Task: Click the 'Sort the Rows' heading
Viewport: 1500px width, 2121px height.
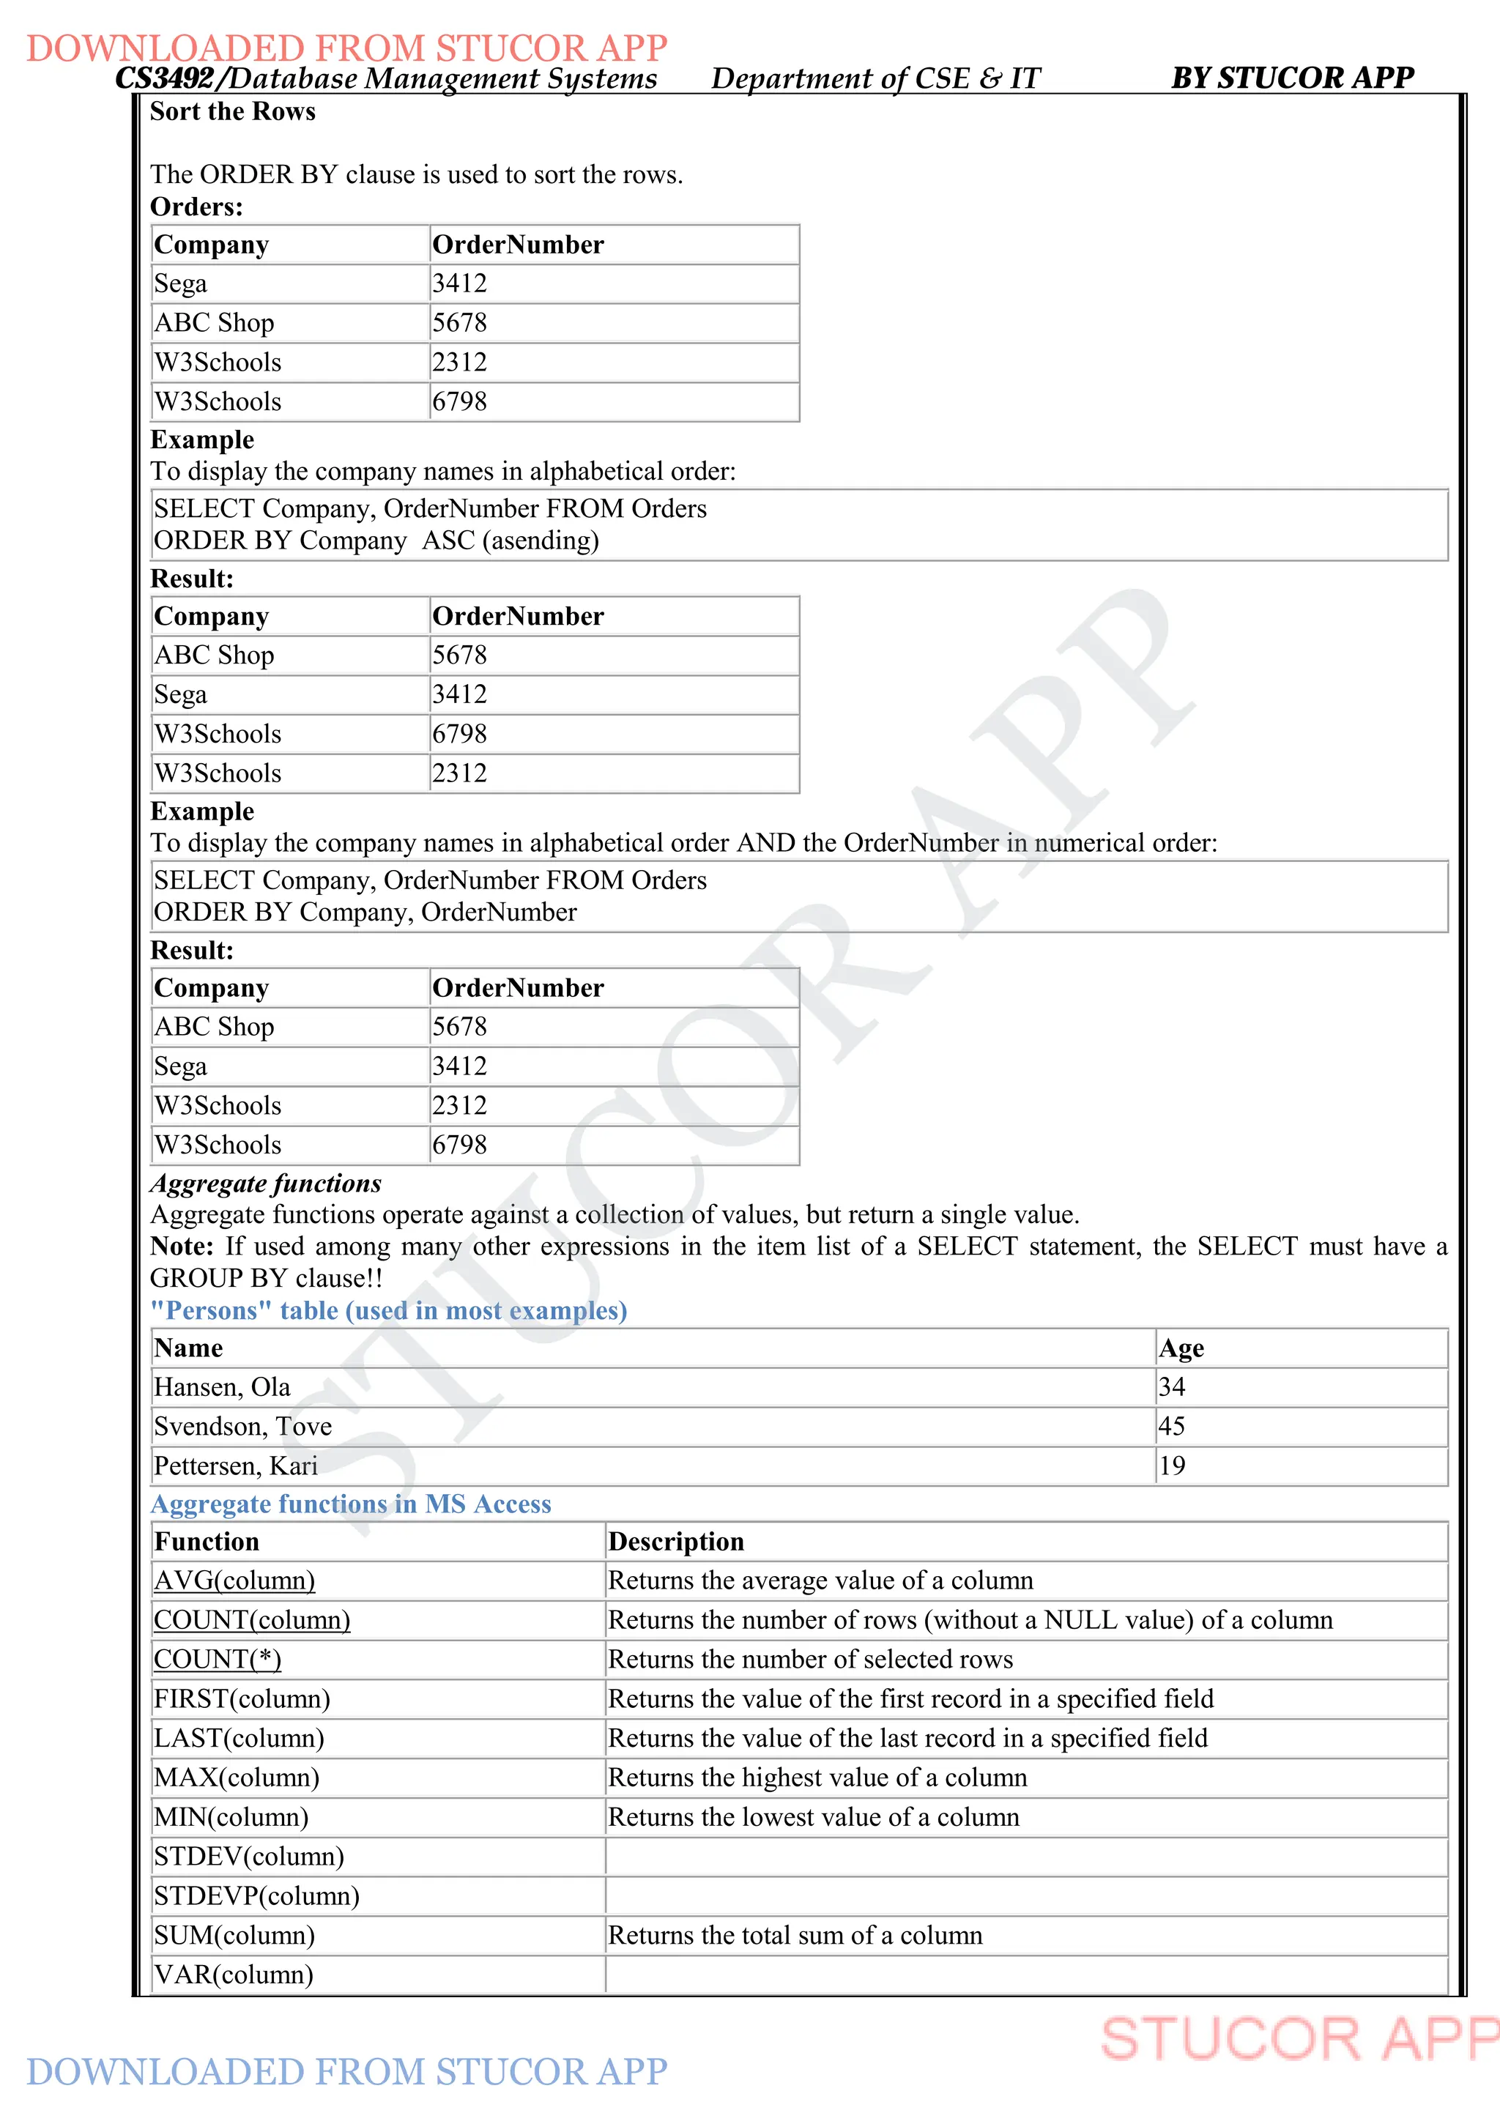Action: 233,112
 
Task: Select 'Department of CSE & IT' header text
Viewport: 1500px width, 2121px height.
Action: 875,78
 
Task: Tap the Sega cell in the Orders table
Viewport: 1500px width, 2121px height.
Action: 181,283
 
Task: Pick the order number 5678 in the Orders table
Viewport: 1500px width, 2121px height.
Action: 459,323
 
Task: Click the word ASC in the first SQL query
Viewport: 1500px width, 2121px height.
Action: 448,541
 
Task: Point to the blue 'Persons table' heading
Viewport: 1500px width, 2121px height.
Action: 388,1311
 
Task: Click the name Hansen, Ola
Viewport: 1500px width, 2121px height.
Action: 222,1388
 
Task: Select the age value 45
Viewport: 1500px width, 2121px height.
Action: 1171,1426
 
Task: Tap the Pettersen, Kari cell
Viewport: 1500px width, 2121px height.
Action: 236,1466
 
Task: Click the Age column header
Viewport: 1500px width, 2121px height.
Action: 1181,1349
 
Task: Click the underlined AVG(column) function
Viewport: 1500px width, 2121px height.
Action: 234,1580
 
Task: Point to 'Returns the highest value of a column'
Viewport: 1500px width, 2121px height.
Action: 817,1778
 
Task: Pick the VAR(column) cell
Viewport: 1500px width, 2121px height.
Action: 234,1975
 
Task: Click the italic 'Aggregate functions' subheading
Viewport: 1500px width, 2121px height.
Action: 266,1184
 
